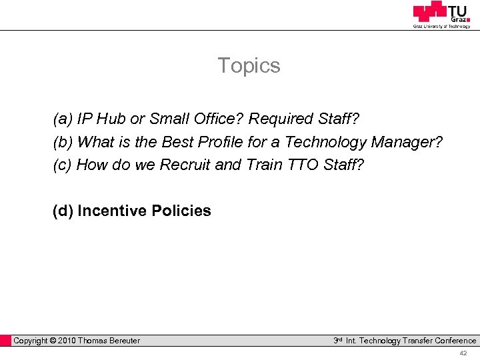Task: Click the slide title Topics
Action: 249,66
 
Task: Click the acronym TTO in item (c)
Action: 304,165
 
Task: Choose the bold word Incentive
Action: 111,211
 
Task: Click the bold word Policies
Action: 181,211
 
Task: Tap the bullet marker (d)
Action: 63,211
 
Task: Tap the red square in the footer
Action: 6,341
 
